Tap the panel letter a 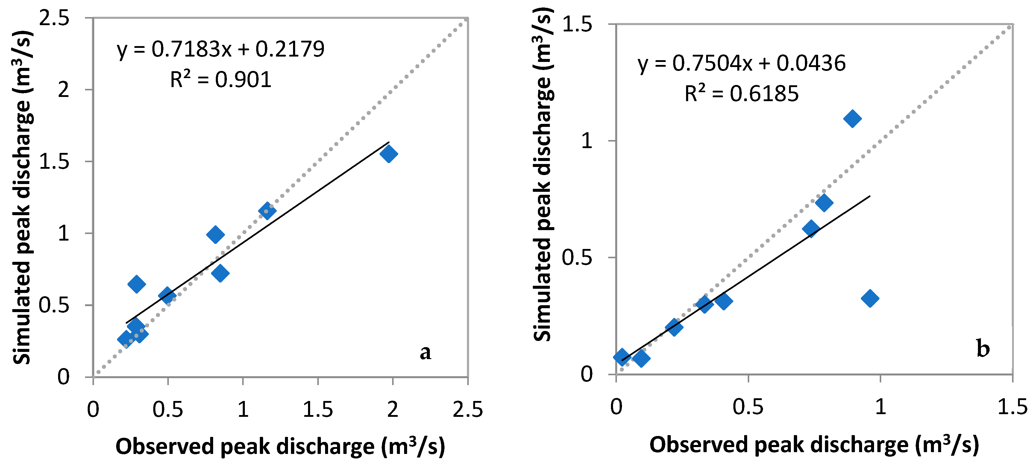point(425,352)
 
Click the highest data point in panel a point(389,154)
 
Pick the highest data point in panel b point(852,118)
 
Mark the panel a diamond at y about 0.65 point(136,284)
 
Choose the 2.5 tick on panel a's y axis point(54,19)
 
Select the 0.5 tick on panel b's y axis point(577,257)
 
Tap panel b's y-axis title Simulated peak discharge point(543,174)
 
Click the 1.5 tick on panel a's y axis point(54,162)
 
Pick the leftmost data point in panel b point(621,356)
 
